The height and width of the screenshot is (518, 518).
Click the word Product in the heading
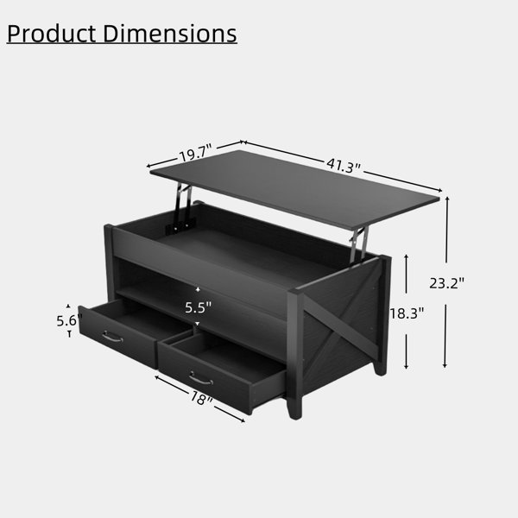click(51, 34)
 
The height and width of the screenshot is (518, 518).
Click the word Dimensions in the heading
click(170, 34)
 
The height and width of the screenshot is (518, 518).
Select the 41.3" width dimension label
click(344, 165)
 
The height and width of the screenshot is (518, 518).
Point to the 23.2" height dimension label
click(446, 283)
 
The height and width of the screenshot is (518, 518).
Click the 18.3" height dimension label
click(407, 313)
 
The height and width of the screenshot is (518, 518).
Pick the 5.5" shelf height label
click(198, 307)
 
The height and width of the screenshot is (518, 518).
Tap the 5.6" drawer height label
click(69, 321)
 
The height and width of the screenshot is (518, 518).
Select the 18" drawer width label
click(201, 398)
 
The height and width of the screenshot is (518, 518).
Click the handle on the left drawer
click(112, 337)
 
